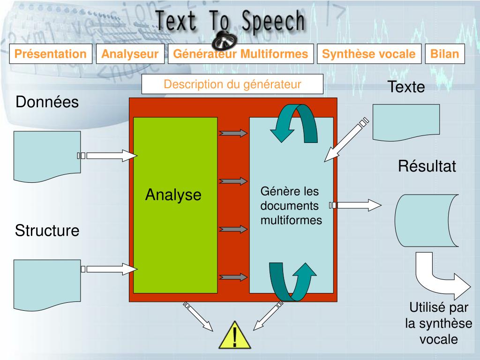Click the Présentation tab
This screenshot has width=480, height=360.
click(51, 54)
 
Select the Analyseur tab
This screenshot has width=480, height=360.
click(130, 54)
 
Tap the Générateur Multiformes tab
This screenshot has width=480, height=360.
click(240, 54)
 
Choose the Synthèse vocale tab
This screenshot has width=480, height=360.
click(368, 54)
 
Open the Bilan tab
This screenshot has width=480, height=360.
click(444, 54)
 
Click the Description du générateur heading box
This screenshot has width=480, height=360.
click(232, 84)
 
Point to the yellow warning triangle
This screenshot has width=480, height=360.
click(235, 335)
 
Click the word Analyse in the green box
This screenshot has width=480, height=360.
click(173, 195)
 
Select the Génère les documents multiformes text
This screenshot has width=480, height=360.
click(291, 206)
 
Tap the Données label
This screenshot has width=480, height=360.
click(47, 102)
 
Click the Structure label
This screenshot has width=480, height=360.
click(47, 231)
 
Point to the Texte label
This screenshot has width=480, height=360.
click(406, 87)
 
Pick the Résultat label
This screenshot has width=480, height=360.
click(427, 166)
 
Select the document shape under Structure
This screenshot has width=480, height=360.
click(46, 284)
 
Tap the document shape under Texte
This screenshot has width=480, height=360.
click(406, 122)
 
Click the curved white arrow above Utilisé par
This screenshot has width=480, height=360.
click(441, 277)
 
